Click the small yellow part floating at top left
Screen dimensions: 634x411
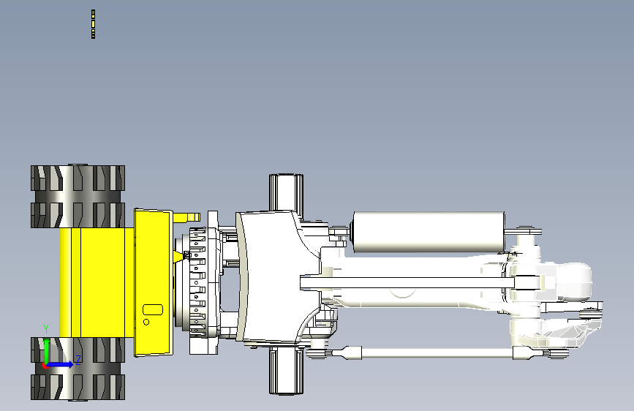click(x=93, y=24)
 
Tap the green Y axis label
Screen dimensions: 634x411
click(x=46, y=329)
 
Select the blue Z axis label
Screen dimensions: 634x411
click(x=78, y=360)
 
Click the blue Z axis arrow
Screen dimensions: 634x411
click(x=59, y=364)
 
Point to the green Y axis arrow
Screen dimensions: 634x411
click(x=47, y=352)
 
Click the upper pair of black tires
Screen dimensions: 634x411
click(x=78, y=196)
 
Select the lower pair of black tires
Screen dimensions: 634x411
click(x=78, y=369)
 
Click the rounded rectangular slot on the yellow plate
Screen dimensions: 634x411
click(x=153, y=310)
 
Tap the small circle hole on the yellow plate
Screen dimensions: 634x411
click(x=146, y=322)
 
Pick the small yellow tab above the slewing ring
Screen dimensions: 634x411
click(x=186, y=217)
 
